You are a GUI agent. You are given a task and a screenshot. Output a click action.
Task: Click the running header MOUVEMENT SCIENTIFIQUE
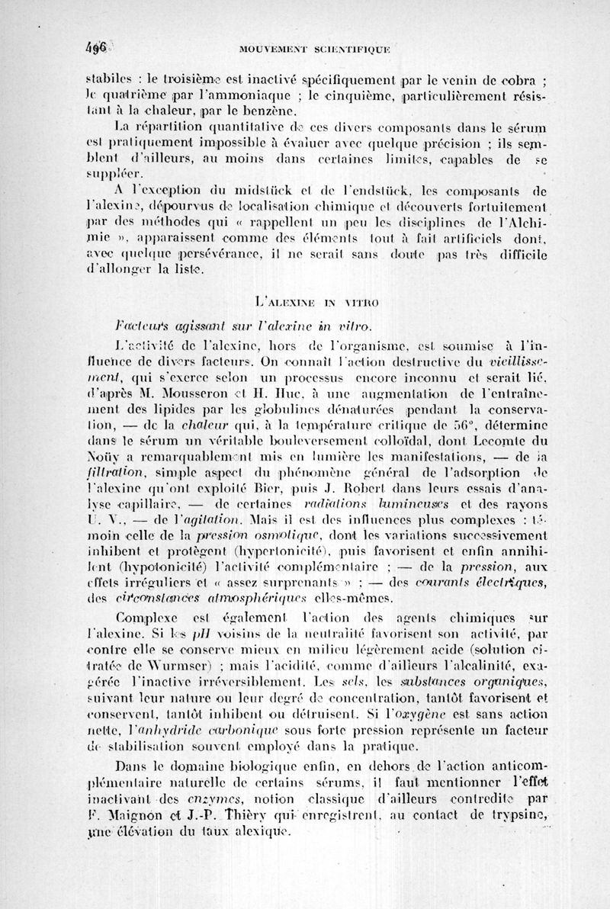click(315, 50)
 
